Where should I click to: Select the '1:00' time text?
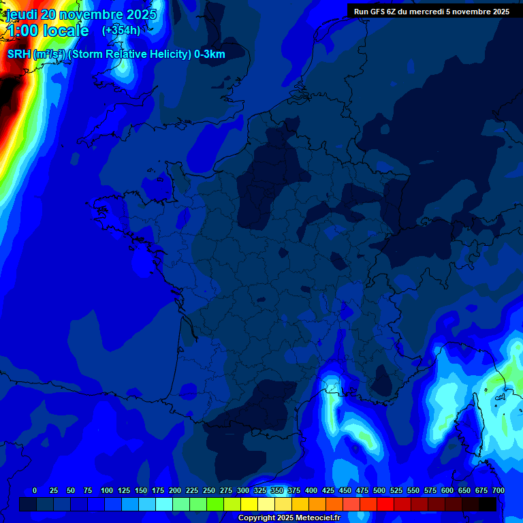point(22,31)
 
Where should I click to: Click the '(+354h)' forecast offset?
point(121,30)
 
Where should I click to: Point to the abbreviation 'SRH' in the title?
point(19,54)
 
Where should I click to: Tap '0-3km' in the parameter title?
point(210,54)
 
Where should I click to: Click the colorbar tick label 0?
point(35,490)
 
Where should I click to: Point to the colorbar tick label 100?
point(107,490)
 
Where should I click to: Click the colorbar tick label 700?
point(498,490)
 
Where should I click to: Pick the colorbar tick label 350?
point(277,490)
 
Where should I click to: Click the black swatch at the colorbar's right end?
point(487,505)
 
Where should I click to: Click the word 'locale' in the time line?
point(65,31)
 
